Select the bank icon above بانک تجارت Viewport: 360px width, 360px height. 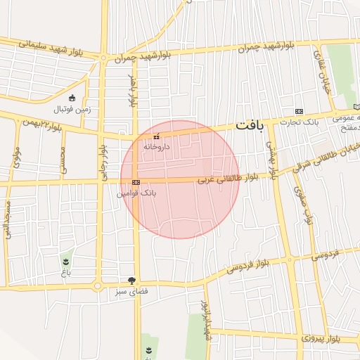[299, 111]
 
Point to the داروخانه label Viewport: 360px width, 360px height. [156, 147]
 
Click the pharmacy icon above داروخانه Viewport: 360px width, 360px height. [156, 136]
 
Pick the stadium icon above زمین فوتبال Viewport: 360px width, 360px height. [72, 98]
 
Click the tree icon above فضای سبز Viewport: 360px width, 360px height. [131, 281]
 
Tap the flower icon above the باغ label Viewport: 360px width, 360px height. [67, 260]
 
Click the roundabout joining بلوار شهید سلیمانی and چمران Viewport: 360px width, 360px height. [104, 58]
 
